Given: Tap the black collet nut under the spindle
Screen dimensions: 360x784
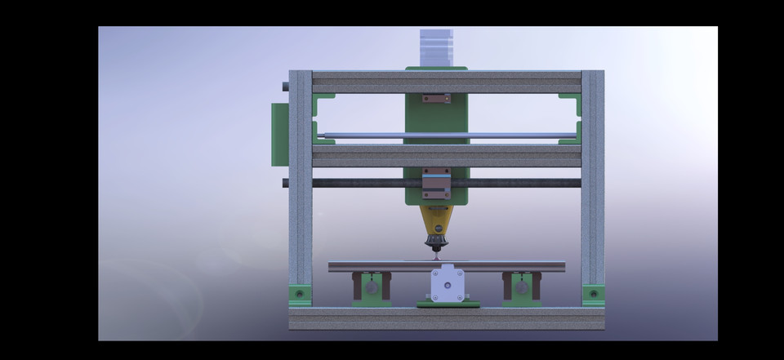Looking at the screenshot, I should (436, 242).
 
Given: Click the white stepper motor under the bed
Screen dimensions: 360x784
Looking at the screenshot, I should (447, 285).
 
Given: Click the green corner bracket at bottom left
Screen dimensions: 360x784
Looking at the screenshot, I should (301, 294).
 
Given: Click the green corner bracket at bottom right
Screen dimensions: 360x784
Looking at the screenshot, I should (593, 294).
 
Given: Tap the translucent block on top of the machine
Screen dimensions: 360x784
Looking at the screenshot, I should (435, 47).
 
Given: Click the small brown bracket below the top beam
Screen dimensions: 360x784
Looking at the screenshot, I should (435, 99).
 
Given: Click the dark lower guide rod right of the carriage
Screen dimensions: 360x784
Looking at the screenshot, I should (514, 183).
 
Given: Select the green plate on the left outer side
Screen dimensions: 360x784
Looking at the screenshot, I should (279, 134).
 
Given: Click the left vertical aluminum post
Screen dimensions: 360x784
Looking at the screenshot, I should (301, 180).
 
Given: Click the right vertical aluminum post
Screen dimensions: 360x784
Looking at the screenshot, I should (593, 180).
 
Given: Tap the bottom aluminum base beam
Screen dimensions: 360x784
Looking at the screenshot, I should (447, 318).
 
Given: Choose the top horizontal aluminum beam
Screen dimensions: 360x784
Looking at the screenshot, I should (447, 82).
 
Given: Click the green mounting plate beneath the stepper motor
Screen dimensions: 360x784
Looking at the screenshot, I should (448, 304).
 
